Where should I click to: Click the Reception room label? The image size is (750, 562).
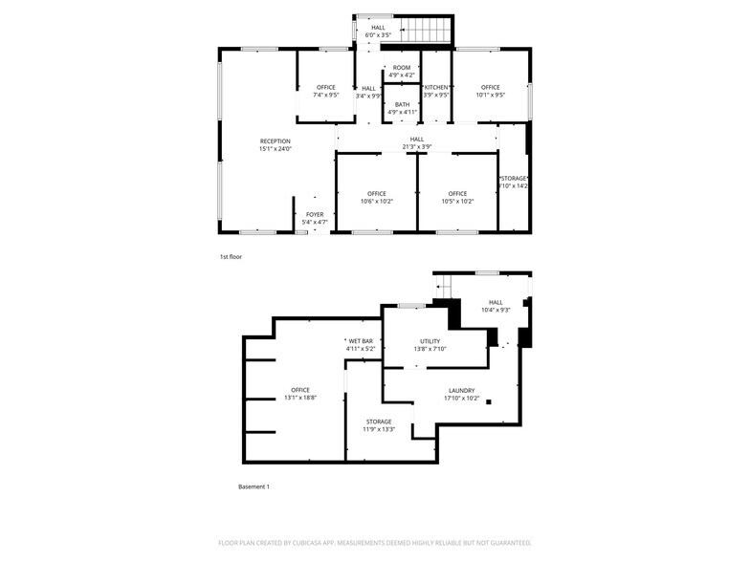coord(275,145)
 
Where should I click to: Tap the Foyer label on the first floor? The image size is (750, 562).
coord(315,219)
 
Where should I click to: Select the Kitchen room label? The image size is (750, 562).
coord(436,91)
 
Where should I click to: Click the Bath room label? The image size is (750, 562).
coord(402,108)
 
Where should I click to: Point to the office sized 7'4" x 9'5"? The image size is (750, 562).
coord(325,91)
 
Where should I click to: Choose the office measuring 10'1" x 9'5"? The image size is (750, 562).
coord(490,91)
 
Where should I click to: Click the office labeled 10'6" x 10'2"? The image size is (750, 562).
coord(376,198)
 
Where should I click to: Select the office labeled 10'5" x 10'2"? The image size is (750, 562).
coord(457,198)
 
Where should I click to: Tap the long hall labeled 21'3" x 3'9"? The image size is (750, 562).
coord(416,142)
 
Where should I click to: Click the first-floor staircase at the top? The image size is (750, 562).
coord(422,30)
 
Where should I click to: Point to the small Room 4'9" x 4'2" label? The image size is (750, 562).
coord(402,71)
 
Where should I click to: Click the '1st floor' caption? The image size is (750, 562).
coord(231,257)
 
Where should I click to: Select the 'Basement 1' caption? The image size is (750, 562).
coord(254,486)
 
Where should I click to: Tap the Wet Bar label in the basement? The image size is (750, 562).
coord(361,345)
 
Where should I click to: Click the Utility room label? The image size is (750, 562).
coord(430,345)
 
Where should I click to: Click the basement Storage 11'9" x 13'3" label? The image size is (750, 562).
coord(378,425)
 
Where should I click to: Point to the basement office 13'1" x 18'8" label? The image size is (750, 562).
coord(300,394)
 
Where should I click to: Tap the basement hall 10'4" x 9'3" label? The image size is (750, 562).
coord(495,306)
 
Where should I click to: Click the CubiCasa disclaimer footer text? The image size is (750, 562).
coord(374,542)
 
